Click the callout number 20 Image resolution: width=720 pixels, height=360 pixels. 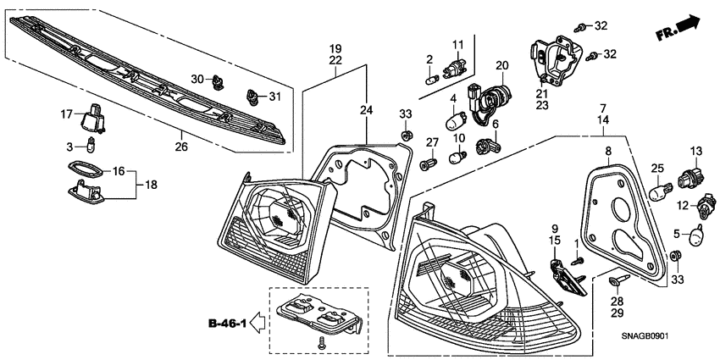point(501,65)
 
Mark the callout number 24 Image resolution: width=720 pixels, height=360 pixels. point(366,110)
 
